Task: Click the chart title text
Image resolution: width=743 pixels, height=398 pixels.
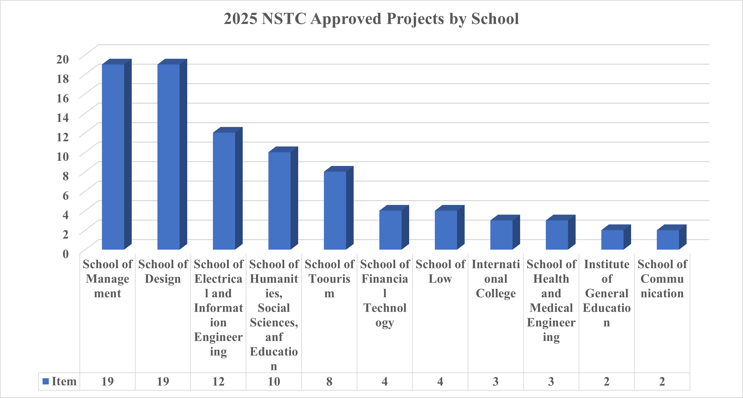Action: pyautogui.click(x=371, y=19)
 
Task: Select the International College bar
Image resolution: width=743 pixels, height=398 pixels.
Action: pyautogui.click(x=501, y=235)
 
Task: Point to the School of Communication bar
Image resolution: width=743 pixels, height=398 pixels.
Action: pyautogui.click(x=668, y=240)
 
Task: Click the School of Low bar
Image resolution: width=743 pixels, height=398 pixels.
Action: pyautogui.click(x=446, y=230)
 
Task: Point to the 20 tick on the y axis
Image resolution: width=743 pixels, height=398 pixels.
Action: pyautogui.click(x=63, y=59)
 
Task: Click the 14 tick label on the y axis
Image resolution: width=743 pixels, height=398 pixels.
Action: pyautogui.click(x=63, y=118)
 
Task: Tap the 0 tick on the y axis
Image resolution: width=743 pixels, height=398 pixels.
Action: pyautogui.click(x=66, y=254)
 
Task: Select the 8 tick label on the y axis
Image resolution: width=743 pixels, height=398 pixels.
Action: pyautogui.click(x=66, y=176)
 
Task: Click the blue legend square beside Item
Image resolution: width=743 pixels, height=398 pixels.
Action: pyautogui.click(x=46, y=381)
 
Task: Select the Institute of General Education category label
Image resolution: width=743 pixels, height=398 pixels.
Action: pyautogui.click(x=606, y=293)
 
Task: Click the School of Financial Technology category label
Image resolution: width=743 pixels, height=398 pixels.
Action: pyautogui.click(x=385, y=293)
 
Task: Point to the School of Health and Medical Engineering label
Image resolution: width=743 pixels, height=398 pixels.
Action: pyautogui.click(x=551, y=301)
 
